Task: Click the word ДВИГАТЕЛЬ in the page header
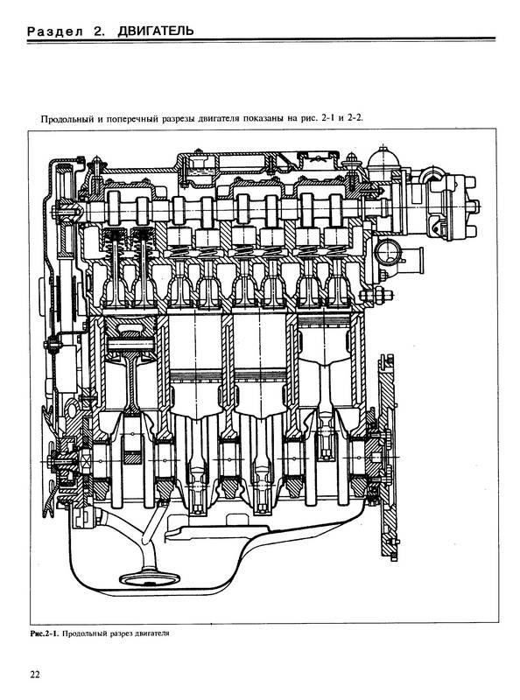point(156,31)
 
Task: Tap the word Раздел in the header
point(55,31)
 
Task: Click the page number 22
point(35,674)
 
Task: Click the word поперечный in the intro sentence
point(133,119)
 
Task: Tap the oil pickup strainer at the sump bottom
point(150,578)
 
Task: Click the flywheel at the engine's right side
point(387,456)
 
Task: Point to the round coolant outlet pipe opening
point(388,252)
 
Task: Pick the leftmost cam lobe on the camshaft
point(114,207)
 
